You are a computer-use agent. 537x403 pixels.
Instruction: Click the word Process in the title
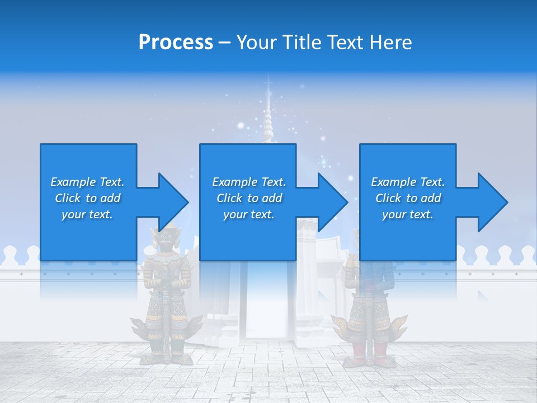[x=176, y=43]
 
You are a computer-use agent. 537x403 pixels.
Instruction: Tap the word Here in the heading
[x=391, y=43]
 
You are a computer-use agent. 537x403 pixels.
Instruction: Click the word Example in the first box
[x=72, y=182]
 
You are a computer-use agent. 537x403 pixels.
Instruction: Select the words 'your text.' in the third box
[x=407, y=214]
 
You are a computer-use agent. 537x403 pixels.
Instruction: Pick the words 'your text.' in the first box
[x=87, y=214]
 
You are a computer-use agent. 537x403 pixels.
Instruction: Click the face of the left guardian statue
[x=165, y=238]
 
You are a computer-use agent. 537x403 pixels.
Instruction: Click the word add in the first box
[x=111, y=198]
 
